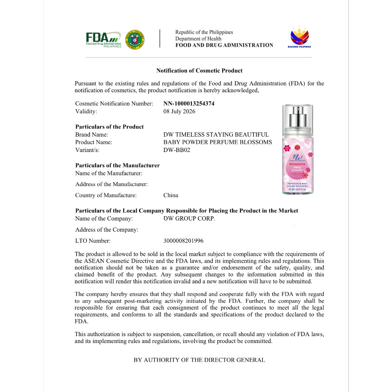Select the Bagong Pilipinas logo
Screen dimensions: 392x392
click(x=299, y=37)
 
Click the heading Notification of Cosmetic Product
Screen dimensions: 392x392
click(x=199, y=70)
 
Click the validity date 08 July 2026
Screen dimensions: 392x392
click(x=179, y=111)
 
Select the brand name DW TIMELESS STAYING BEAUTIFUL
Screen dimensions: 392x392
click(x=216, y=134)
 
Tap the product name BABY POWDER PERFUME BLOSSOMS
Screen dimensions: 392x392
click(x=217, y=142)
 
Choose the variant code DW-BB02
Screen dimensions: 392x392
click(x=176, y=150)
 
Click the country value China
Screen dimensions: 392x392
click(x=171, y=195)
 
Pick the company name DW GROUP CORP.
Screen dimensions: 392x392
click(x=189, y=219)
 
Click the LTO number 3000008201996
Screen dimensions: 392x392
click(x=183, y=241)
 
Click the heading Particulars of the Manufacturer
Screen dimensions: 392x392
click(x=118, y=165)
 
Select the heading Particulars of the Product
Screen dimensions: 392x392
click(x=109, y=127)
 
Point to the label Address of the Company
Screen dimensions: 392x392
click(x=107, y=230)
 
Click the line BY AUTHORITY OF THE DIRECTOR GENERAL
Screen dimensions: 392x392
click(x=199, y=360)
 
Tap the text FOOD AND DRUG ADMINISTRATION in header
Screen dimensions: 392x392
click(x=224, y=45)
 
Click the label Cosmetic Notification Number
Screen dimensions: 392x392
click(x=114, y=104)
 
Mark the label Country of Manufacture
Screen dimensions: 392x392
click(x=106, y=195)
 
